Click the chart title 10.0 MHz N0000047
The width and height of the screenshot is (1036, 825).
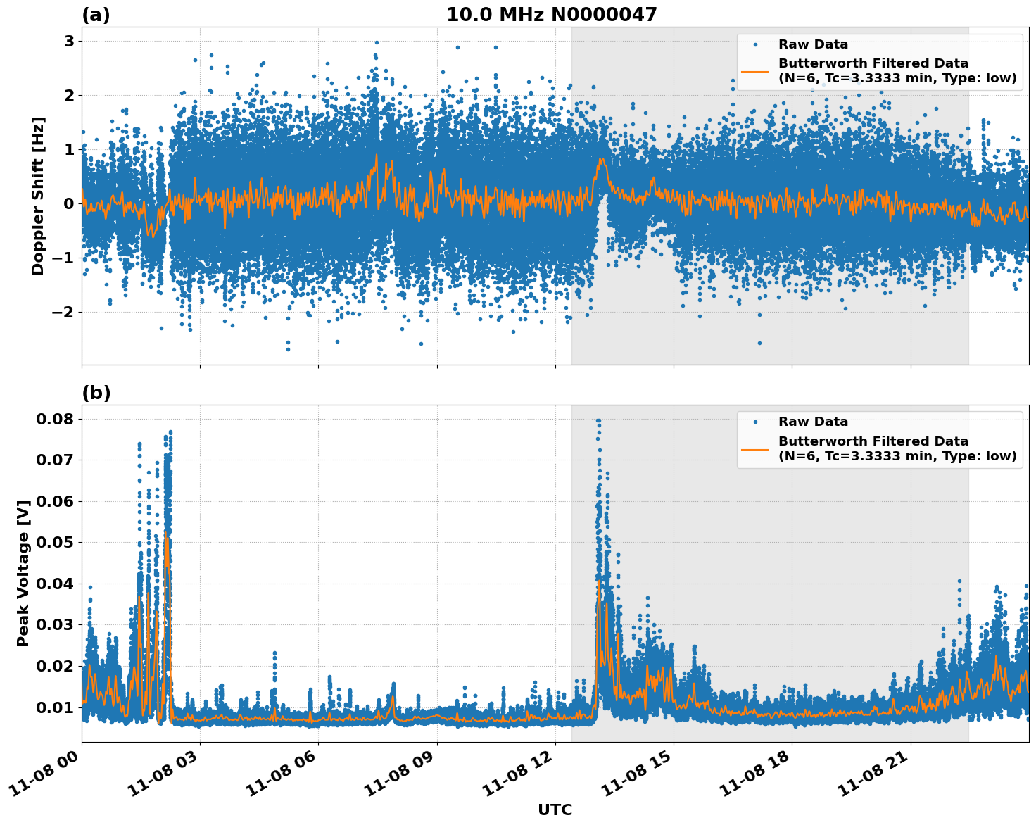(x=552, y=15)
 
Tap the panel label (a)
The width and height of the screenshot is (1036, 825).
(x=96, y=15)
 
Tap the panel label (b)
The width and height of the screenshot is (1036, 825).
(x=96, y=393)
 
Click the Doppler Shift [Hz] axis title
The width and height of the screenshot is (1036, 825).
(x=38, y=196)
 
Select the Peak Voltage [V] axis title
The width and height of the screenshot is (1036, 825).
(x=23, y=574)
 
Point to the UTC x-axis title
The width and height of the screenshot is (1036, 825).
(x=555, y=810)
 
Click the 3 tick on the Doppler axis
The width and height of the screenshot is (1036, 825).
(x=69, y=41)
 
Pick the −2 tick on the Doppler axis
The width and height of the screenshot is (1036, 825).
(x=64, y=312)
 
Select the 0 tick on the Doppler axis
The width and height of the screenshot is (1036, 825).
(x=69, y=203)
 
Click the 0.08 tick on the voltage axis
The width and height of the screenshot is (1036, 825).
(x=54, y=419)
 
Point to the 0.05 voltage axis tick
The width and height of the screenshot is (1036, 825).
(x=54, y=542)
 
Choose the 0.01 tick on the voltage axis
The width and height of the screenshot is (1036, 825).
(x=54, y=707)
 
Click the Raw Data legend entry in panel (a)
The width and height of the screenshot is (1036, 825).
(x=813, y=44)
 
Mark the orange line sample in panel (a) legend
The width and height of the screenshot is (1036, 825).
(x=755, y=70)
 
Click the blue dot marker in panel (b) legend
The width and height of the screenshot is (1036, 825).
(x=755, y=422)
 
